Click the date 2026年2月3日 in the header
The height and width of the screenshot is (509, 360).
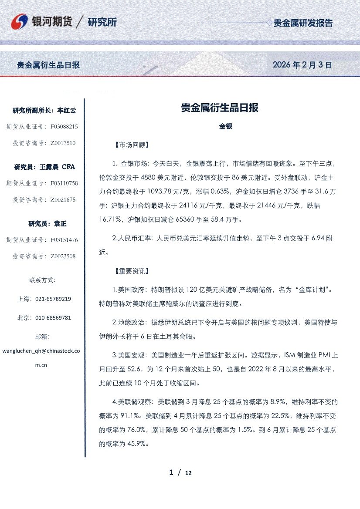tap(302, 65)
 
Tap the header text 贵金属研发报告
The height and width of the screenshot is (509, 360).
tap(303, 23)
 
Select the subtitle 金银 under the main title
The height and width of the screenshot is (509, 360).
tap(226, 126)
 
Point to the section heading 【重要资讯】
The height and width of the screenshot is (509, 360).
tap(131, 271)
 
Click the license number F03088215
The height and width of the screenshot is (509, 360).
tap(64, 127)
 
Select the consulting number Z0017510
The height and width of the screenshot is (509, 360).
tap(63, 143)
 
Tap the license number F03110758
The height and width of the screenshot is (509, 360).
tap(64, 183)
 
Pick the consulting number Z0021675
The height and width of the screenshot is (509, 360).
tap(63, 199)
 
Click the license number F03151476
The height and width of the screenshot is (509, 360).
tap(64, 240)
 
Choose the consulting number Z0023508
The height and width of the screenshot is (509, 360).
tap(63, 256)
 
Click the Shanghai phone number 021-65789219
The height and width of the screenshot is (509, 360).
tap(53, 299)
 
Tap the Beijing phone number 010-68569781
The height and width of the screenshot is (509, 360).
tap(53, 318)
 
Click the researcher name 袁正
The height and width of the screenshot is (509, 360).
tap(60, 224)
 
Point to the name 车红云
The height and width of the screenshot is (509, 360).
tap(67, 111)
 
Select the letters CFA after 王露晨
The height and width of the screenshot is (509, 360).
tap(69, 167)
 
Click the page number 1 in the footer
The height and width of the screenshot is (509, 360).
tap(171, 472)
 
